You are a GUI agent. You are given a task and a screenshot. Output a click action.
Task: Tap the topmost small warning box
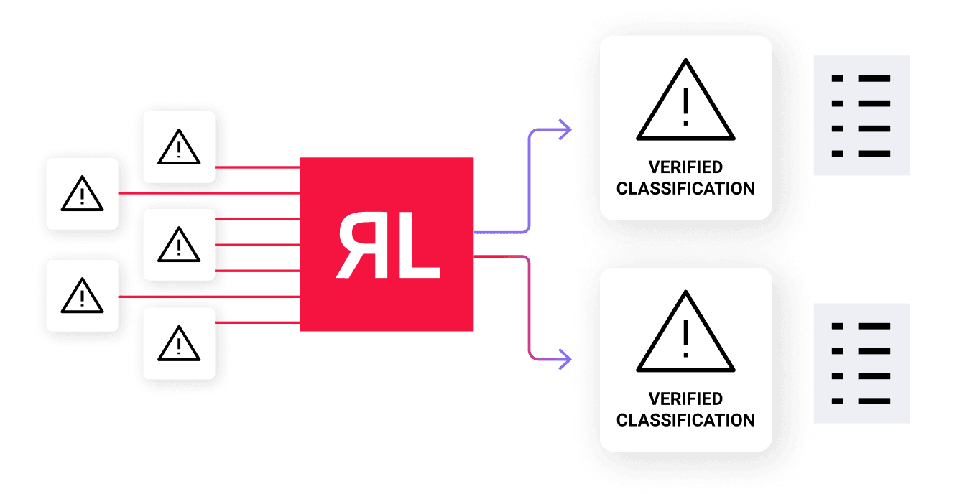coord(179,146)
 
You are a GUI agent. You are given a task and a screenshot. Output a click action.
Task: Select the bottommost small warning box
coord(179,343)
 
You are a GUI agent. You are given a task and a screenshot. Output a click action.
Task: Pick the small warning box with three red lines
coord(179,244)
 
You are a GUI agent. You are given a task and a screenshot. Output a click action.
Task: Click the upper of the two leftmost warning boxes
coord(82,193)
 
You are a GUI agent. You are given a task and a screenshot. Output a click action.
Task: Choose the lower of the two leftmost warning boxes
coord(82,296)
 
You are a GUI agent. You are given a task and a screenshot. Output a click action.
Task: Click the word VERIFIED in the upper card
coord(685,167)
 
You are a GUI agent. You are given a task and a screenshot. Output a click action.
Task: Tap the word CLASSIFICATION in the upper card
coord(685,189)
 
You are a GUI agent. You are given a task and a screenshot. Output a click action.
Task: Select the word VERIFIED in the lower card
coord(685,399)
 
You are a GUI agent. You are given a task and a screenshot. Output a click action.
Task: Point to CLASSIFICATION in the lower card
coord(685,420)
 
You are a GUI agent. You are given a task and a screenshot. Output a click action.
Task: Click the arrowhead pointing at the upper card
coord(566,130)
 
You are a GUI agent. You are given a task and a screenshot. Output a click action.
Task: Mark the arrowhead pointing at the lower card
coord(566,357)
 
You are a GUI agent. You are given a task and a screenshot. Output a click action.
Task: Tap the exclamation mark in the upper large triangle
coord(685,107)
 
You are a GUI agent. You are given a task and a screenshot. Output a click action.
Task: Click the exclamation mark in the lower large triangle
coord(685,338)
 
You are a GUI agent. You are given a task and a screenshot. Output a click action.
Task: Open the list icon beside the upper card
coord(861,116)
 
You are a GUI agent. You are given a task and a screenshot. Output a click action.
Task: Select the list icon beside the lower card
coord(861,363)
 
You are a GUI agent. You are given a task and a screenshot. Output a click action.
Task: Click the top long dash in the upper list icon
coord(874,78)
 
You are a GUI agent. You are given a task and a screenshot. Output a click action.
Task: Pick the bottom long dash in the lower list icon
coord(874,401)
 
